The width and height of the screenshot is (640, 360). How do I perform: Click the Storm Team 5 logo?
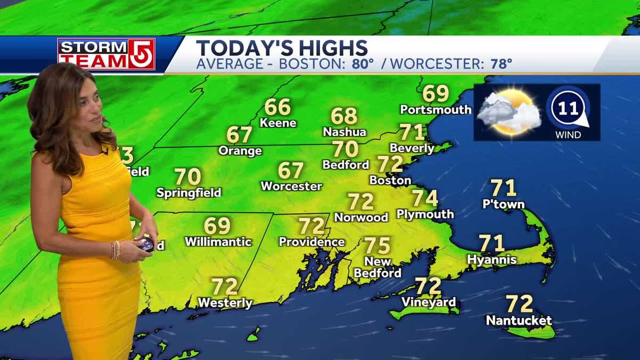point(106,54)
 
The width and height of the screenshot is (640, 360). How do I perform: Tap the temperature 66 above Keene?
point(277,107)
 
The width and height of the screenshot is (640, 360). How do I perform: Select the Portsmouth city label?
point(436,110)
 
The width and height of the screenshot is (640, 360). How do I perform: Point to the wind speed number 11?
point(569,109)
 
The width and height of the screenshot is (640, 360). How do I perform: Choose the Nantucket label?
point(518,321)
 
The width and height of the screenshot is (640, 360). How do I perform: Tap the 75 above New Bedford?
point(378,246)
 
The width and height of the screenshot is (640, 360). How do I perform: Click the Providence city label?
point(311,242)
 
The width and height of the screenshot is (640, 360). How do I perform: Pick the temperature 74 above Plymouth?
point(425,198)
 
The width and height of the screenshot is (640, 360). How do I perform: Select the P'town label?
point(503,204)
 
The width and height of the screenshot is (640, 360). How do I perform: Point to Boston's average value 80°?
point(363,65)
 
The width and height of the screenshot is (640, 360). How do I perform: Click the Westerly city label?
point(225,303)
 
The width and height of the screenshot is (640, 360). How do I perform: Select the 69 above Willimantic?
point(218,226)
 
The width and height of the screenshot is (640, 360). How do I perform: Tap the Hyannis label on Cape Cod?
point(491,260)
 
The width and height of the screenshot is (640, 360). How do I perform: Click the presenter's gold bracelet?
point(115,250)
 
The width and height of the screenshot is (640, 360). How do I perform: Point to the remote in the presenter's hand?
point(146,245)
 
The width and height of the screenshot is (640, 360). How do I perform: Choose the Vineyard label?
point(428,302)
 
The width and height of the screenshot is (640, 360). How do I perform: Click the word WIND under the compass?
point(568,135)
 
